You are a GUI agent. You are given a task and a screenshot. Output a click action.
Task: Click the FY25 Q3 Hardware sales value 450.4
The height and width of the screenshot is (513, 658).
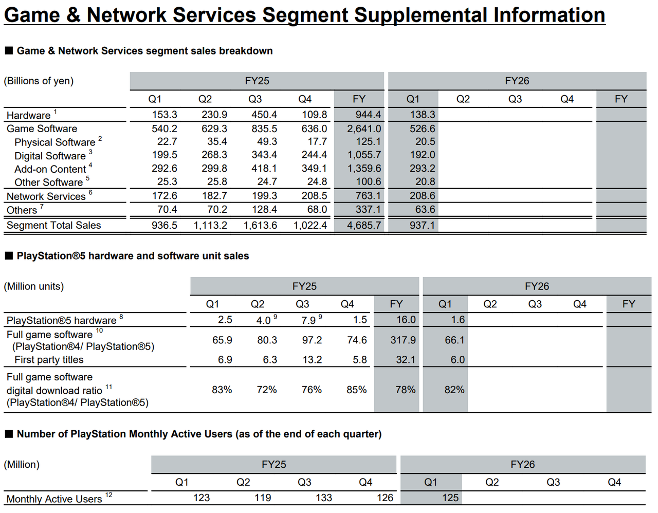point(264,115)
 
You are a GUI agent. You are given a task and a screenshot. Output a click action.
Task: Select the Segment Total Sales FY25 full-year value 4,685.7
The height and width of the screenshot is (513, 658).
point(364,225)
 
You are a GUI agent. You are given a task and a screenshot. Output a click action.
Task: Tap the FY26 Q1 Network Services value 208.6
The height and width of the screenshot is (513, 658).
point(423,196)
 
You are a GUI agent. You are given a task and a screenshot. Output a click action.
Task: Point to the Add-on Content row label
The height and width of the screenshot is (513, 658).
point(50,169)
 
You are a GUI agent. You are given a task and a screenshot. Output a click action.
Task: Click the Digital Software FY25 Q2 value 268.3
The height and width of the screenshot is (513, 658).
point(214,155)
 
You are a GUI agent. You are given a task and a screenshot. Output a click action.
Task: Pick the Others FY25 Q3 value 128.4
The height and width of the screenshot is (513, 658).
point(264,209)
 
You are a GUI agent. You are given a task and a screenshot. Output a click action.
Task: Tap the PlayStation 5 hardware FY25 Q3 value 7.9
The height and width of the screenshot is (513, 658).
point(308,320)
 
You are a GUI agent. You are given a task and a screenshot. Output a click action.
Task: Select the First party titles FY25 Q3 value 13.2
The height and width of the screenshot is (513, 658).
point(312,359)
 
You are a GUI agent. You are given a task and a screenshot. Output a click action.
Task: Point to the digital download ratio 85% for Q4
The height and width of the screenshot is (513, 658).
point(356,390)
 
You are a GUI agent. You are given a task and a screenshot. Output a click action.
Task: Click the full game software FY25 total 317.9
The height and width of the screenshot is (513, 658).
point(403,340)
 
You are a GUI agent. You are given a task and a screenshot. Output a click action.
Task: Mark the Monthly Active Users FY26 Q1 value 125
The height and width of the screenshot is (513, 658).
point(450,498)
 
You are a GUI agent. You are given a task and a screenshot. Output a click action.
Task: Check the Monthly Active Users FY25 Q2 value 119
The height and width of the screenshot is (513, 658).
point(263,498)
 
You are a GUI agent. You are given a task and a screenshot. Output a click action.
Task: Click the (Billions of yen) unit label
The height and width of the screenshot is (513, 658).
point(39,81)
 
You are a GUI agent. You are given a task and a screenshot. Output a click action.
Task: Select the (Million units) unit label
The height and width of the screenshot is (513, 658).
point(33,286)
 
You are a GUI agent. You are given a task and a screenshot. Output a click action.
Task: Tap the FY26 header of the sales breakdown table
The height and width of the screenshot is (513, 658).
point(517,81)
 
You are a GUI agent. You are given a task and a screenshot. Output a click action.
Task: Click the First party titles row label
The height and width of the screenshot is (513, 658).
point(49,359)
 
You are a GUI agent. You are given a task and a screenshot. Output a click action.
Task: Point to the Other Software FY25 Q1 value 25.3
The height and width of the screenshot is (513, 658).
point(167,181)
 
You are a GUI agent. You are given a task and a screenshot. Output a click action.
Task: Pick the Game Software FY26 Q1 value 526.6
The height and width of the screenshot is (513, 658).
point(423,129)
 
